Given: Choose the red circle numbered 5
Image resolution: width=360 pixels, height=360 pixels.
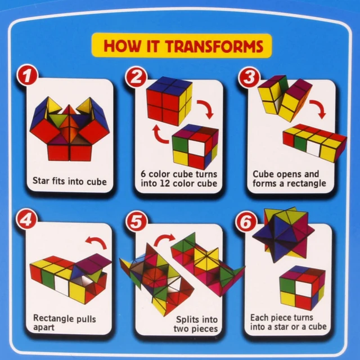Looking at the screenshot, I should point(136,221).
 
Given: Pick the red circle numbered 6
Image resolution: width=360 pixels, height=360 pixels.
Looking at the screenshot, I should point(246,221).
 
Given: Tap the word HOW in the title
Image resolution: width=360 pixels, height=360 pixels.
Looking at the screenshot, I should point(120,46).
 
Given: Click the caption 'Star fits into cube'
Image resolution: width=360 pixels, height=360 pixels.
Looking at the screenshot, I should point(69,182).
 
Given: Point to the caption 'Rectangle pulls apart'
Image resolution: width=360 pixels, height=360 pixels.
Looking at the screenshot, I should point(65,323).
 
